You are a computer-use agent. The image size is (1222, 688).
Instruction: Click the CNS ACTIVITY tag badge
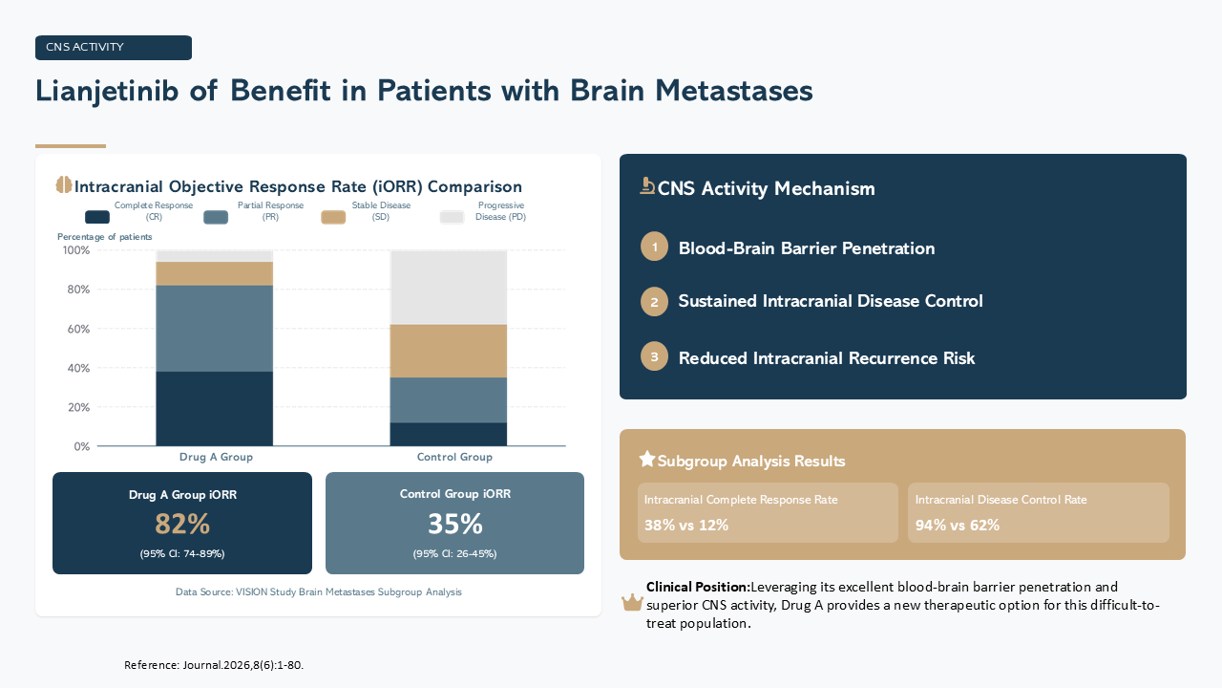tap(114, 48)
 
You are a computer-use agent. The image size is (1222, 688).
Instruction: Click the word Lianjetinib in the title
tap(107, 91)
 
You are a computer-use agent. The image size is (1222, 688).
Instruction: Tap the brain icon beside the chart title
tap(64, 185)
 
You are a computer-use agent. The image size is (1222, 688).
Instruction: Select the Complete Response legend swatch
tap(97, 217)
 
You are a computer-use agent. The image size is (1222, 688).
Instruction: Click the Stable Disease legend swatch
tap(333, 217)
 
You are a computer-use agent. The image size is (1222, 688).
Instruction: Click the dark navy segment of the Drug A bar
tap(215, 409)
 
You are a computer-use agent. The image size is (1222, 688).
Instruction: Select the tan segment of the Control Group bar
tap(449, 351)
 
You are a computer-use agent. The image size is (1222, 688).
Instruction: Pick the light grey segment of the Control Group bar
tap(449, 288)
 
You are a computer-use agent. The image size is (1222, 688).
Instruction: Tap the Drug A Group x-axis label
tap(216, 457)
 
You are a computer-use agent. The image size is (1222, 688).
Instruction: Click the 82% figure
tap(182, 525)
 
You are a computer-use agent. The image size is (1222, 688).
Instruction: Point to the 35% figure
tap(455, 525)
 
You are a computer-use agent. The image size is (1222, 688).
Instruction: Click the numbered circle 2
tap(654, 302)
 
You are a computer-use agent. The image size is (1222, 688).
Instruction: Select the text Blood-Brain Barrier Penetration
tap(807, 248)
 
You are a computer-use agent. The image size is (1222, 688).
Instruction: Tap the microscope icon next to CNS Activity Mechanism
tap(647, 186)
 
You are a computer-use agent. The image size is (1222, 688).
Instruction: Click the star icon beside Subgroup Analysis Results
tap(647, 460)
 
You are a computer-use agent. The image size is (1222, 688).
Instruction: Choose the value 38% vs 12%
tap(686, 526)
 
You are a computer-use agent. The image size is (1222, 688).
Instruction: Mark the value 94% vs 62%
tap(958, 526)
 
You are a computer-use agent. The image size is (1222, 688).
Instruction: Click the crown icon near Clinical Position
tap(632, 602)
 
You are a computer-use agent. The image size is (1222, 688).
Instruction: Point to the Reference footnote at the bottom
tap(214, 665)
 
